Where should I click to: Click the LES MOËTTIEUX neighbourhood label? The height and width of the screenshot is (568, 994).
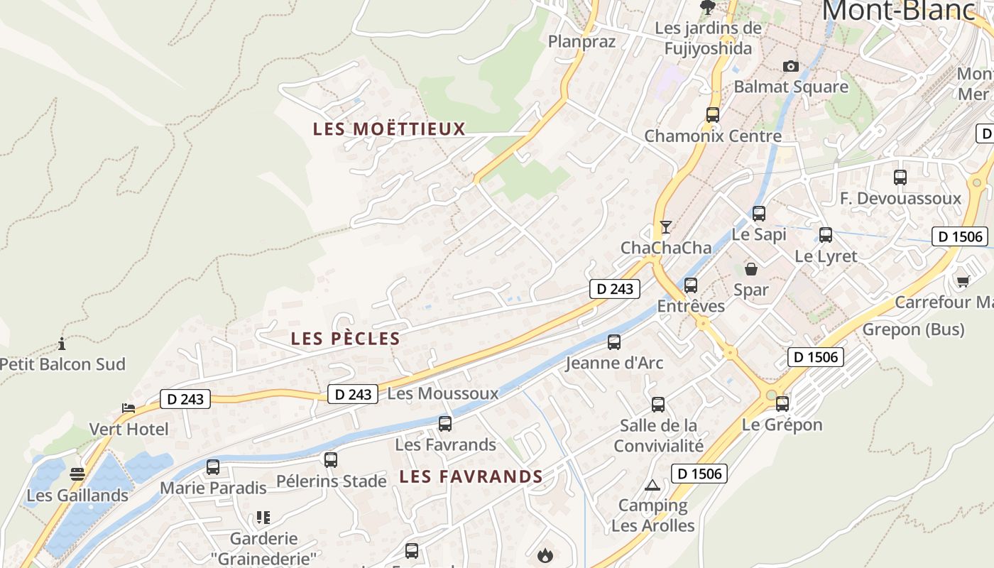[389, 129]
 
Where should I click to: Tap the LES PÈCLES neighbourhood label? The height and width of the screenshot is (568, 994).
[346, 339]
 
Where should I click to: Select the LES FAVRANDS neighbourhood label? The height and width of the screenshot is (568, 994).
[471, 476]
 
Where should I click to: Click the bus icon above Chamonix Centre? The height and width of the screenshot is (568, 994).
[712, 114]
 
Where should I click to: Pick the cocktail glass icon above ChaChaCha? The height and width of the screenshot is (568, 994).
[665, 227]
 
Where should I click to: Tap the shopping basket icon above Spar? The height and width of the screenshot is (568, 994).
[750, 269]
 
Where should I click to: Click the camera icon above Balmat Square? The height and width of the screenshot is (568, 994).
[790, 66]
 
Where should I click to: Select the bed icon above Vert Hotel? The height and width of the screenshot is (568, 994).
[129, 408]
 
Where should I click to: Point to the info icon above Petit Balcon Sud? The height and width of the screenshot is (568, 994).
[62, 344]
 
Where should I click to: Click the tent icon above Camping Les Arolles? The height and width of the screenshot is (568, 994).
[652, 486]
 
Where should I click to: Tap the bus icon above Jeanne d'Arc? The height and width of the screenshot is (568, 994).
[614, 342]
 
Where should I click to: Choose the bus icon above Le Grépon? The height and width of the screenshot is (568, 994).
[782, 403]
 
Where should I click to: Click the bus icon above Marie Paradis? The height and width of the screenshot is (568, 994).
[213, 467]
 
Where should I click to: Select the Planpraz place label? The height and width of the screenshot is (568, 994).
[581, 41]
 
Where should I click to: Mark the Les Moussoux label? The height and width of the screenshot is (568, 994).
[443, 393]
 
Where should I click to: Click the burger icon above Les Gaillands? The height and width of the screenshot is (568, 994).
[77, 474]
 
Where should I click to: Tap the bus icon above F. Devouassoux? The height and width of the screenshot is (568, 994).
[900, 177]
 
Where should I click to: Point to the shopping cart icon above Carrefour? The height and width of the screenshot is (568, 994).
[963, 282]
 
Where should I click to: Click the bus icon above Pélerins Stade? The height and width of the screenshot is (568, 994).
[331, 460]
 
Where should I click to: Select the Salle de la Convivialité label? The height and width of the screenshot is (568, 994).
[658, 435]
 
